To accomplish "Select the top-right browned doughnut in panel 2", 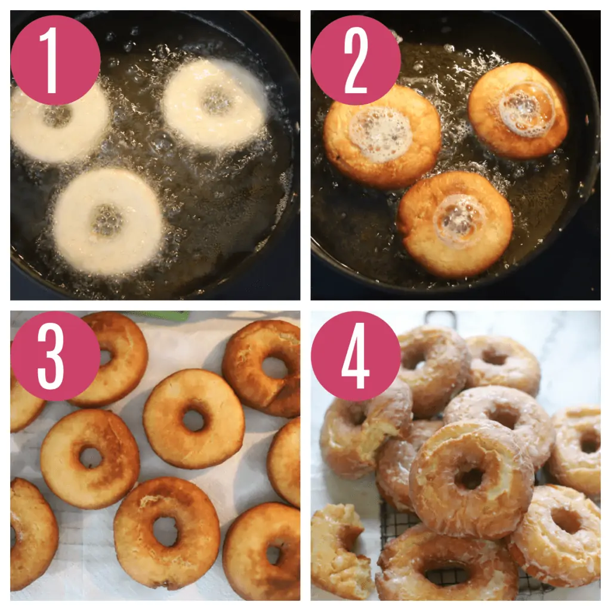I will pyautogui.click(x=518, y=110).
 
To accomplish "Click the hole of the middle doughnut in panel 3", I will pyautogui.click(x=193, y=420).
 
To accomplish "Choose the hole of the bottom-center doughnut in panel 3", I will pyautogui.click(x=165, y=530).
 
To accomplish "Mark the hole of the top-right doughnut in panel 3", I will pyautogui.click(x=274, y=368).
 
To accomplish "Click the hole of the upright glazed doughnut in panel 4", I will pyautogui.click(x=471, y=478).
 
